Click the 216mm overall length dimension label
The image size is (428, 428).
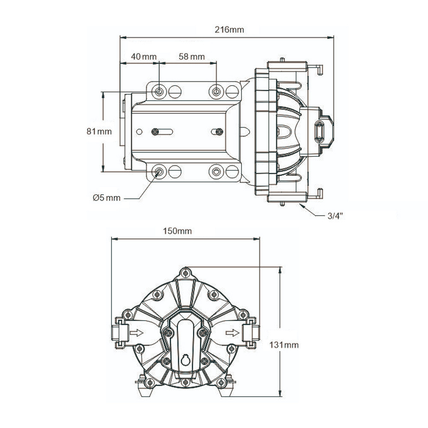click(229, 30)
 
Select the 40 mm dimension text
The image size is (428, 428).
click(144, 56)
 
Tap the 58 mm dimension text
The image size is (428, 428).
click(192, 56)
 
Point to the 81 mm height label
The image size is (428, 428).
click(99, 131)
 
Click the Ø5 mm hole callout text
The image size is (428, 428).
click(107, 198)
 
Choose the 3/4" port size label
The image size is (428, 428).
click(335, 216)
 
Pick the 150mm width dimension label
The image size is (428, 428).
click(177, 231)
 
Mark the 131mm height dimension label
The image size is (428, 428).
click(284, 345)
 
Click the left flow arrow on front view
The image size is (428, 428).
click(136, 333)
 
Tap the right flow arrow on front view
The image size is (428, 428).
click(232, 333)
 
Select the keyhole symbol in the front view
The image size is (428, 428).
click(185, 360)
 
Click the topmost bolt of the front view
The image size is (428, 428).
click(185, 273)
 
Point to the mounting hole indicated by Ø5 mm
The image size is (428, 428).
click(159, 172)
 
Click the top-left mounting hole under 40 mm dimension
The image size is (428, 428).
click(159, 91)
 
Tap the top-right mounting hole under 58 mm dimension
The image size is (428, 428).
click(216, 91)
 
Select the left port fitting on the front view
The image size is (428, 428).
click(120, 333)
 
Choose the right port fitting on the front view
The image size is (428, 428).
click(251, 333)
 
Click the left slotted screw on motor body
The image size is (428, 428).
click(155, 131)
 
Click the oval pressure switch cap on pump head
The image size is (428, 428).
click(319, 131)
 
